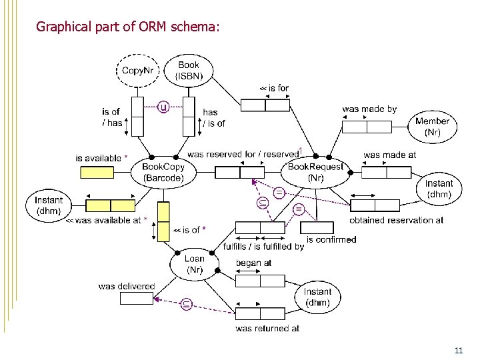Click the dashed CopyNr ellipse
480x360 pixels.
(139, 71)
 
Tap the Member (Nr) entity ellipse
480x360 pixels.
(432, 127)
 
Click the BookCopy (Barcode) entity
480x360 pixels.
(163, 173)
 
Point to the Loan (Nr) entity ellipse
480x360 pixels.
(194, 265)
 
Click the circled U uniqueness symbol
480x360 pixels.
(163, 107)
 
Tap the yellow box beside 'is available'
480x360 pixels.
(97, 173)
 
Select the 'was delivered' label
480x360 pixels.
(126, 286)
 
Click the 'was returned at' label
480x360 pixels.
(267, 328)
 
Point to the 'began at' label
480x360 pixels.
(253, 263)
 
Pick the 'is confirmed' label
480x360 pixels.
(331, 239)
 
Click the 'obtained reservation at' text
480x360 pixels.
(396, 220)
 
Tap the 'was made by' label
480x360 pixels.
(369, 109)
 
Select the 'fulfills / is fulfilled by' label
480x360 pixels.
(263, 247)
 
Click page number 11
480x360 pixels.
(458, 350)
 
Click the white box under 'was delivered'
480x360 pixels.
(137, 298)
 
